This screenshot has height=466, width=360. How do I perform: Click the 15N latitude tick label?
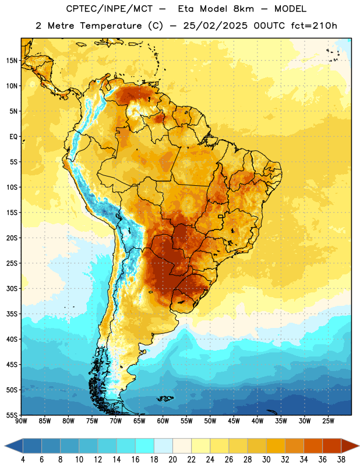[12, 61]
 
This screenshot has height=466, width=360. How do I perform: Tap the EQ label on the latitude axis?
[13, 137]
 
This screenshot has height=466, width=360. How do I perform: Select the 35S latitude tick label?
[12, 314]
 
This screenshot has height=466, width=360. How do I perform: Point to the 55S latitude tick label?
[12, 415]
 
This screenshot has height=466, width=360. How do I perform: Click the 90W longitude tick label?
[21, 421]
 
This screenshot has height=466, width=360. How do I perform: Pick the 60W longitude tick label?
[163, 421]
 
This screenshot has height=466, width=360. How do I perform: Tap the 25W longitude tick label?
[328, 421]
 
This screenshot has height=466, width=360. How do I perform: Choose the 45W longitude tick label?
[234, 421]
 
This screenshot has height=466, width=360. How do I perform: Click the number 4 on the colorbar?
[23, 460]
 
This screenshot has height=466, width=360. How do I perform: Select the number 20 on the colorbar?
[172, 460]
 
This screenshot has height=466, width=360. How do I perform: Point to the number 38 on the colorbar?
[341, 460]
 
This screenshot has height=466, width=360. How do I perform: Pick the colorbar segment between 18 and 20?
[163, 446]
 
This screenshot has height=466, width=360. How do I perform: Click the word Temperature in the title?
[111, 26]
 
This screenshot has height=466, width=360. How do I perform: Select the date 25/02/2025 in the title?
[215, 26]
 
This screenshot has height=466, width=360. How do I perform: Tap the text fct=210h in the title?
[314, 26]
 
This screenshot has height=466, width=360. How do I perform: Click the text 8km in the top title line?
[243, 9]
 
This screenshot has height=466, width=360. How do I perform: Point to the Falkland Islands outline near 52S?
[165, 398]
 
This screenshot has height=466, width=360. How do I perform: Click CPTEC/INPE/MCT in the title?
[109, 9]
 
